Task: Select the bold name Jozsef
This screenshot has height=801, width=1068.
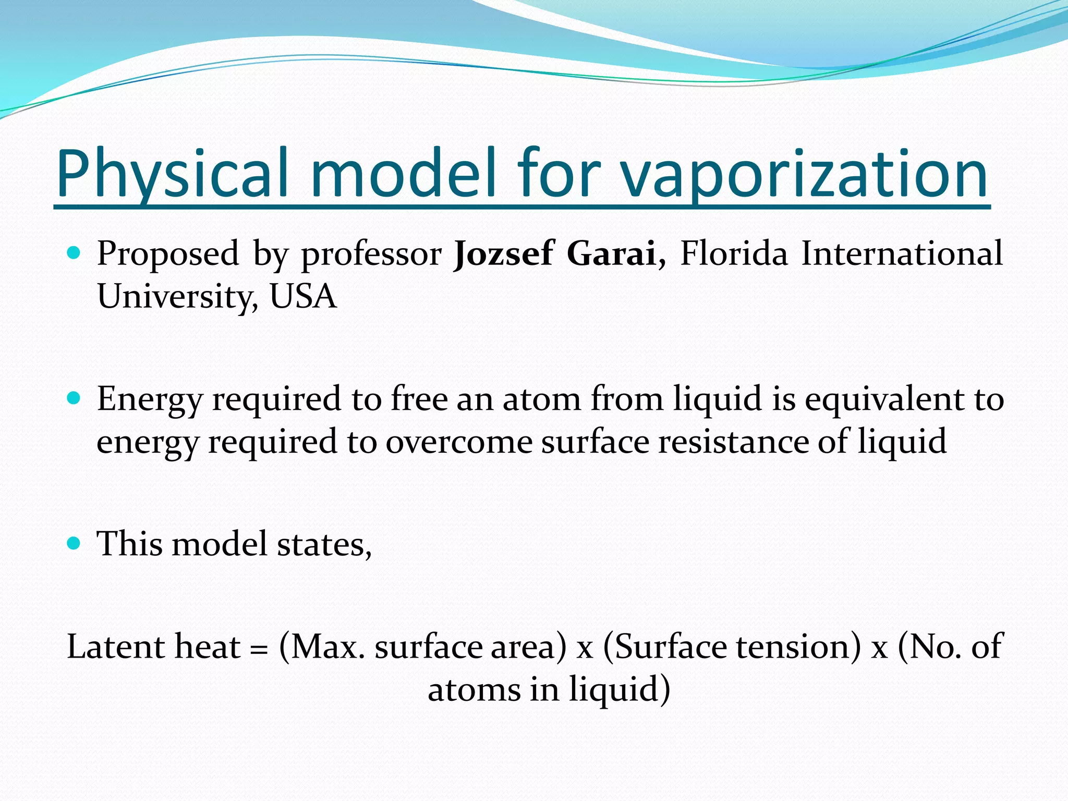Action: (x=503, y=253)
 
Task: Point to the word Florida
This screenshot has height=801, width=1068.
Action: (x=734, y=253)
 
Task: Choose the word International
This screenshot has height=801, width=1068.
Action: (x=902, y=253)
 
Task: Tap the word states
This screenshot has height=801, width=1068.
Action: (x=324, y=544)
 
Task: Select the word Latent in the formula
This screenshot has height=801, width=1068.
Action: (x=116, y=647)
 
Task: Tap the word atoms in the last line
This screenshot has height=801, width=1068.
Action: (x=474, y=689)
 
